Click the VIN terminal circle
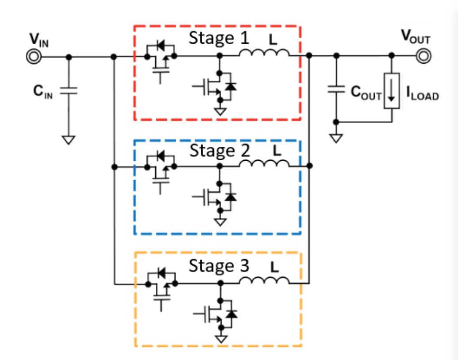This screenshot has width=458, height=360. tap(33, 57)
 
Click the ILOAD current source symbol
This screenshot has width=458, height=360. tap(392, 91)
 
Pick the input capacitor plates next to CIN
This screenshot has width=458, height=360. tap(69, 90)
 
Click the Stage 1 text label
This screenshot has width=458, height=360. tap(219, 39)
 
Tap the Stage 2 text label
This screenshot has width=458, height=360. tap(219, 151)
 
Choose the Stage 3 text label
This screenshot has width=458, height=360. tap(219, 266)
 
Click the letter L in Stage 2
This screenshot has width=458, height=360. tap(277, 151)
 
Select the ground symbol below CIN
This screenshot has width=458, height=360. tap(69, 139)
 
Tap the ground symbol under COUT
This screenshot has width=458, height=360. tap(336, 138)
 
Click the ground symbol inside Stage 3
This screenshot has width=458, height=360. tap(220, 339)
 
